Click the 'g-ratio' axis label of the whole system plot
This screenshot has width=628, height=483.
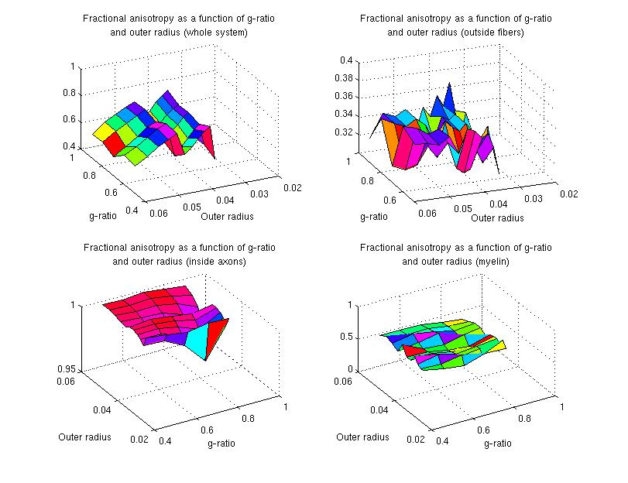(103, 216)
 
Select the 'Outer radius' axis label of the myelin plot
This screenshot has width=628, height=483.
(362, 437)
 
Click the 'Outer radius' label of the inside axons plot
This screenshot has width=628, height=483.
(84, 437)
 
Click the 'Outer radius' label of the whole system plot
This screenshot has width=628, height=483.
(227, 216)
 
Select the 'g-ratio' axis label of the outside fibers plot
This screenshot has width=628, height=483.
(374, 216)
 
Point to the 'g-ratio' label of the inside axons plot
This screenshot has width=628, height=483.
(221, 444)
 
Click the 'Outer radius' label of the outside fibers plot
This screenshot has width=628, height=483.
(497, 218)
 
